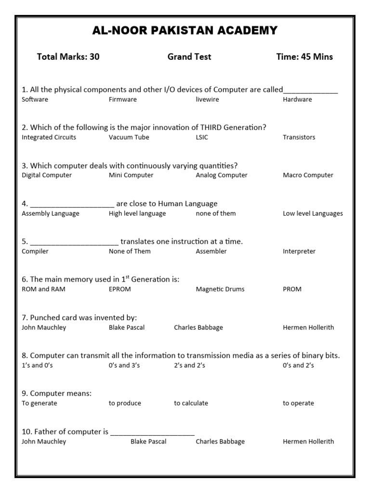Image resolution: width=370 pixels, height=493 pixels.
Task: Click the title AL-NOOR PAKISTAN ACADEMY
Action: (x=185, y=31)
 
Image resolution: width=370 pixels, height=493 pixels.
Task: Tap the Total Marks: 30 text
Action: (x=68, y=57)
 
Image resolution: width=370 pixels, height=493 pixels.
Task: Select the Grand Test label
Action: (x=189, y=57)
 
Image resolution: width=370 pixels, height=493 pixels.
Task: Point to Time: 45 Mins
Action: (x=304, y=57)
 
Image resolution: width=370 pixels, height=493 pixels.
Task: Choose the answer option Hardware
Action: (x=297, y=100)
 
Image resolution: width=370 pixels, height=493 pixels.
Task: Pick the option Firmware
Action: (x=123, y=100)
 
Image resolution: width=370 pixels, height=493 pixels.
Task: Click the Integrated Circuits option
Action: (x=49, y=138)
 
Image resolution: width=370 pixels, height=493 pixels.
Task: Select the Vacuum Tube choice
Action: (x=129, y=138)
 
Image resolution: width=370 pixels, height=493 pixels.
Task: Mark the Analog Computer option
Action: (x=222, y=175)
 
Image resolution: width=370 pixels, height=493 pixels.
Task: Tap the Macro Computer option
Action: (x=308, y=175)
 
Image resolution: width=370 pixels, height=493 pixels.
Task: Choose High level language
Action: (x=137, y=213)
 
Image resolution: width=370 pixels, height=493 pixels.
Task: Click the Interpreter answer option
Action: (x=299, y=251)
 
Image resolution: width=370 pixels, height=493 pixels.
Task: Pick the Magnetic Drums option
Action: (x=220, y=289)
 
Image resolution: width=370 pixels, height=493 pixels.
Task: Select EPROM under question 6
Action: (x=120, y=289)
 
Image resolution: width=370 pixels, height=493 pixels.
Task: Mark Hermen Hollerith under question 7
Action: (x=308, y=327)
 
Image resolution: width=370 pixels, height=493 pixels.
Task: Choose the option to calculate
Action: (x=191, y=403)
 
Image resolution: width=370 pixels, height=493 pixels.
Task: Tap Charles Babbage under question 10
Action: (x=220, y=441)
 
